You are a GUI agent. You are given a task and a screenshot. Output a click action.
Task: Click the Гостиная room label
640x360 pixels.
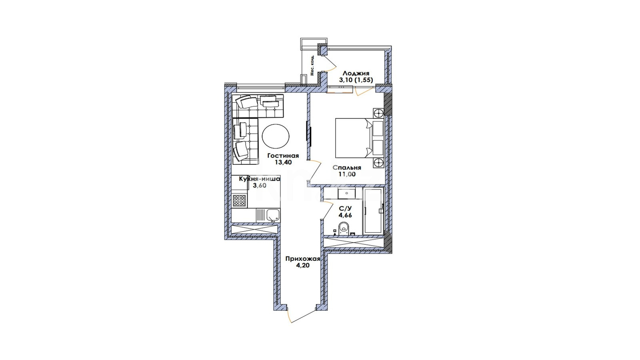(283, 156)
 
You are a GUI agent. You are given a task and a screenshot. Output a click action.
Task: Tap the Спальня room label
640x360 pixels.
(347, 168)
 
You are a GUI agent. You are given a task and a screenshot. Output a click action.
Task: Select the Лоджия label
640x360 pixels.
(356, 74)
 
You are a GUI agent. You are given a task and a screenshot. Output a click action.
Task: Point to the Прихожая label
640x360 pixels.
(302, 259)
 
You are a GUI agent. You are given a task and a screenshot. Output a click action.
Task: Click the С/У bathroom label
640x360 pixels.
(345, 208)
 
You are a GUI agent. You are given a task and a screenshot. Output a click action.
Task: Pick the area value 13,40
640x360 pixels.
(283, 162)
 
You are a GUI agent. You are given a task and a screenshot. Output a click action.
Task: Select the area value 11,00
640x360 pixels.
(347, 174)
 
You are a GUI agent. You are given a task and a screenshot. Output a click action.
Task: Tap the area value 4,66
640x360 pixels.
(345, 215)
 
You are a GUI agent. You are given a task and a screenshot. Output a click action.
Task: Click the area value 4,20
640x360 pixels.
(302, 266)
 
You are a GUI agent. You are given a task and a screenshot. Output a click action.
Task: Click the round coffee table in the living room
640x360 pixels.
(276, 136)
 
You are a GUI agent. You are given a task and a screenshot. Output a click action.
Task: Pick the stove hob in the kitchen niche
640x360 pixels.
(240, 200)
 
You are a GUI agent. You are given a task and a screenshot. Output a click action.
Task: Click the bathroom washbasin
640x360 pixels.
(346, 193)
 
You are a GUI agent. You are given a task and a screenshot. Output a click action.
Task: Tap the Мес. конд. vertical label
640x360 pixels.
(312, 65)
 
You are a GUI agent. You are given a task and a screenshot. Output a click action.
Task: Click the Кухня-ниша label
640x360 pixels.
(260, 179)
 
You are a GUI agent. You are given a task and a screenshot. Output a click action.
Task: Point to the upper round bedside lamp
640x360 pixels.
(378, 113)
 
